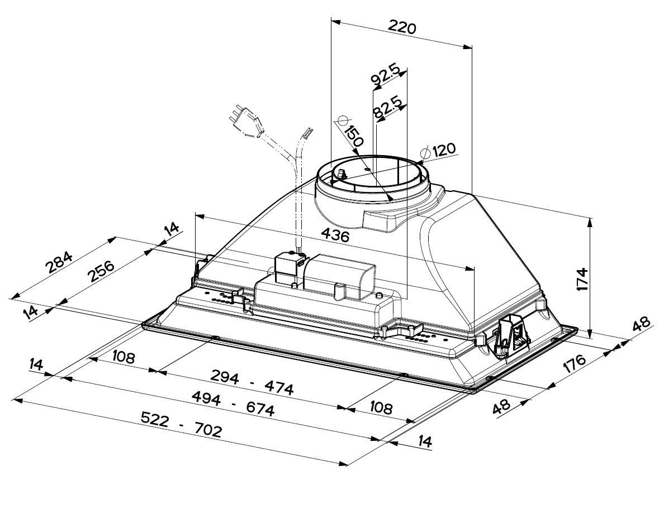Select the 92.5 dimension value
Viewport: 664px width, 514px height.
(x=385, y=75)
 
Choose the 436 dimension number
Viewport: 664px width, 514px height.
(x=335, y=236)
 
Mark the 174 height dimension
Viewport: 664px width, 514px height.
(x=582, y=279)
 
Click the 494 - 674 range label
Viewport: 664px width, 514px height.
(x=233, y=404)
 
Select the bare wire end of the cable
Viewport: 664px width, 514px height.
(x=307, y=134)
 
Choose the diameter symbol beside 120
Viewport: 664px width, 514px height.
(x=426, y=151)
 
